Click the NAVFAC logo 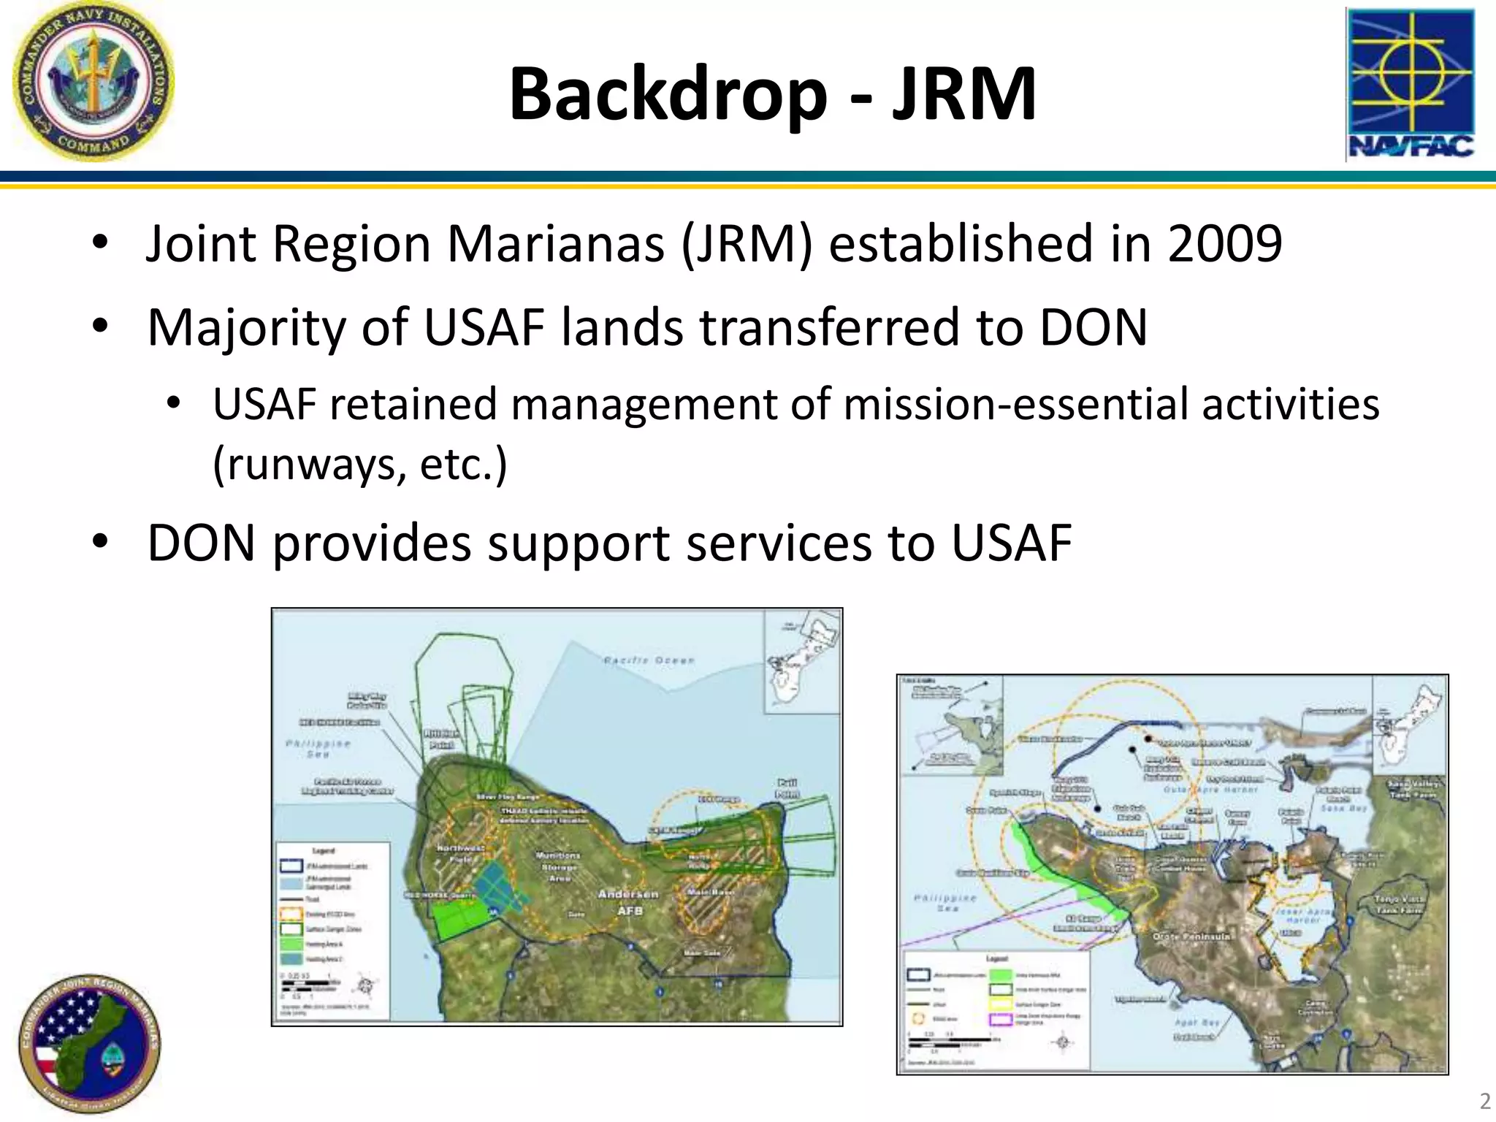pyautogui.click(x=1410, y=84)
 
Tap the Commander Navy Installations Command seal pyautogui.click(x=93, y=80)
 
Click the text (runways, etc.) pyautogui.click(x=359, y=464)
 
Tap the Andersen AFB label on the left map pyautogui.click(x=628, y=902)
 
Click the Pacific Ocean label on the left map pyautogui.click(x=649, y=660)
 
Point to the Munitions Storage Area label pyautogui.click(x=559, y=866)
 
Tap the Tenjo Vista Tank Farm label pyautogui.click(x=1400, y=904)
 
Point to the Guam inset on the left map pyautogui.click(x=802, y=661)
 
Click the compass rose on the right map pyautogui.click(x=1064, y=1042)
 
